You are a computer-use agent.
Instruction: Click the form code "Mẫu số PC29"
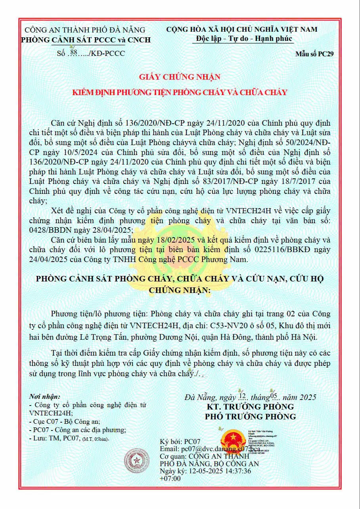pos(314,54)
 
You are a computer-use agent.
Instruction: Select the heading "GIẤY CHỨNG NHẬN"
pos(180,77)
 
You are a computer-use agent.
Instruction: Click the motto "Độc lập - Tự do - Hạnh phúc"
pos(244,39)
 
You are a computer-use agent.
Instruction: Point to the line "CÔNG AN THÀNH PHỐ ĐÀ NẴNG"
pos(85,30)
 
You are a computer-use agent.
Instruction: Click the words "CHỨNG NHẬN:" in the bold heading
pos(180,290)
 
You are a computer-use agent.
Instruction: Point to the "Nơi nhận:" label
pos(45,396)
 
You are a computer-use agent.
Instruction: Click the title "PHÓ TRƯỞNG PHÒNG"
pos(250,417)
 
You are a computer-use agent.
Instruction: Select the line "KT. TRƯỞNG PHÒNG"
pos(250,407)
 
